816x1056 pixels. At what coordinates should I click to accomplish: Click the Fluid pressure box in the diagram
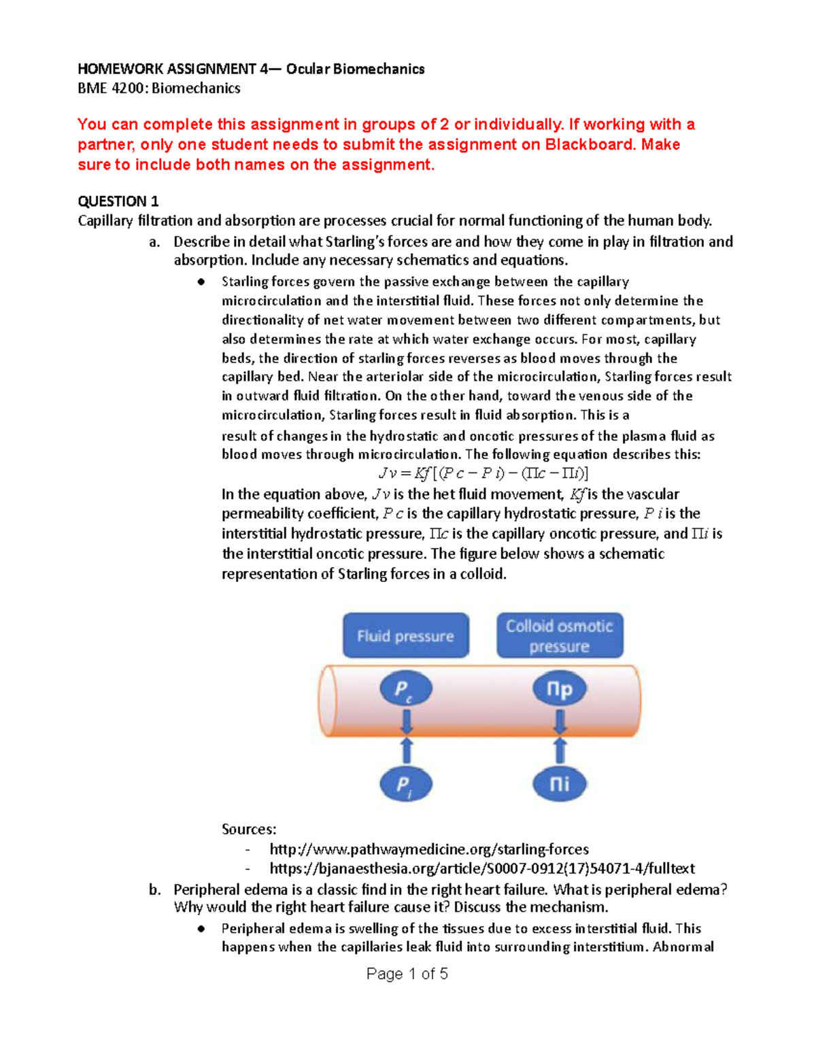405,636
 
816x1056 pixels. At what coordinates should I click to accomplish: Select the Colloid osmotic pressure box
560,636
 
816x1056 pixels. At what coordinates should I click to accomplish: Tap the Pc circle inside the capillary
405,689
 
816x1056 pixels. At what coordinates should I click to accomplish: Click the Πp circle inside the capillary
560,689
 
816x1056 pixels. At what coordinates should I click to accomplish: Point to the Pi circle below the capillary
405,785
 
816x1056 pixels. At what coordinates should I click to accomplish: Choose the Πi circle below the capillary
560,784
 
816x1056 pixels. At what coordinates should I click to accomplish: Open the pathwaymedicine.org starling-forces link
429,849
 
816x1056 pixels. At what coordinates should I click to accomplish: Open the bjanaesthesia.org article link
482,868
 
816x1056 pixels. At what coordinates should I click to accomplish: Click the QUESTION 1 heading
118,201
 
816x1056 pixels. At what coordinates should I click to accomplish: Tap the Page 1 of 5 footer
407,974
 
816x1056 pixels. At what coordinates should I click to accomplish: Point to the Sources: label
249,830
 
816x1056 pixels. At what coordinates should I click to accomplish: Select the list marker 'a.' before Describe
154,242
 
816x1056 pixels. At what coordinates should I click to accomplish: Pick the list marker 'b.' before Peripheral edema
154,889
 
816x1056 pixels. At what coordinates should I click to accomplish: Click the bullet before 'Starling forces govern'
201,282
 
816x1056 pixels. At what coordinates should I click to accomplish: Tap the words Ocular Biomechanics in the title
355,69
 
